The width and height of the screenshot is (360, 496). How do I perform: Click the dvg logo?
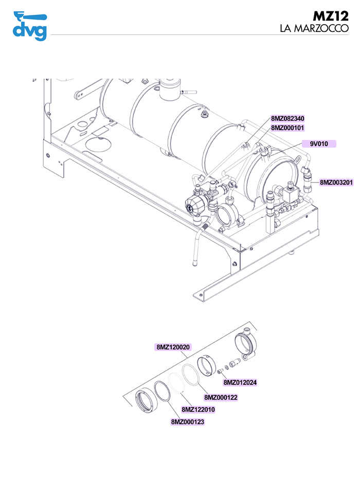(x=30, y=26)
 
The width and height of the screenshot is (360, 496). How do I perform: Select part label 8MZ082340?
(x=288, y=119)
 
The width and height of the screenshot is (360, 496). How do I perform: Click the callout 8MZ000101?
(x=288, y=127)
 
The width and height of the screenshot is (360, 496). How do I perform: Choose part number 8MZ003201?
(x=336, y=182)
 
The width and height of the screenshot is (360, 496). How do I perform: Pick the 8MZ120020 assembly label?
(x=173, y=347)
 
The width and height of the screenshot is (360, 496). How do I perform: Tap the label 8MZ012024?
(x=240, y=382)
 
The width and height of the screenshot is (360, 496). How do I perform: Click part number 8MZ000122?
(x=221, y=397)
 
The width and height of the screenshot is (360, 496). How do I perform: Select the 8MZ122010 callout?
(x=198, y=410)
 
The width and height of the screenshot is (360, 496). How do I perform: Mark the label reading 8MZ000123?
(x=188, y=422)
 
